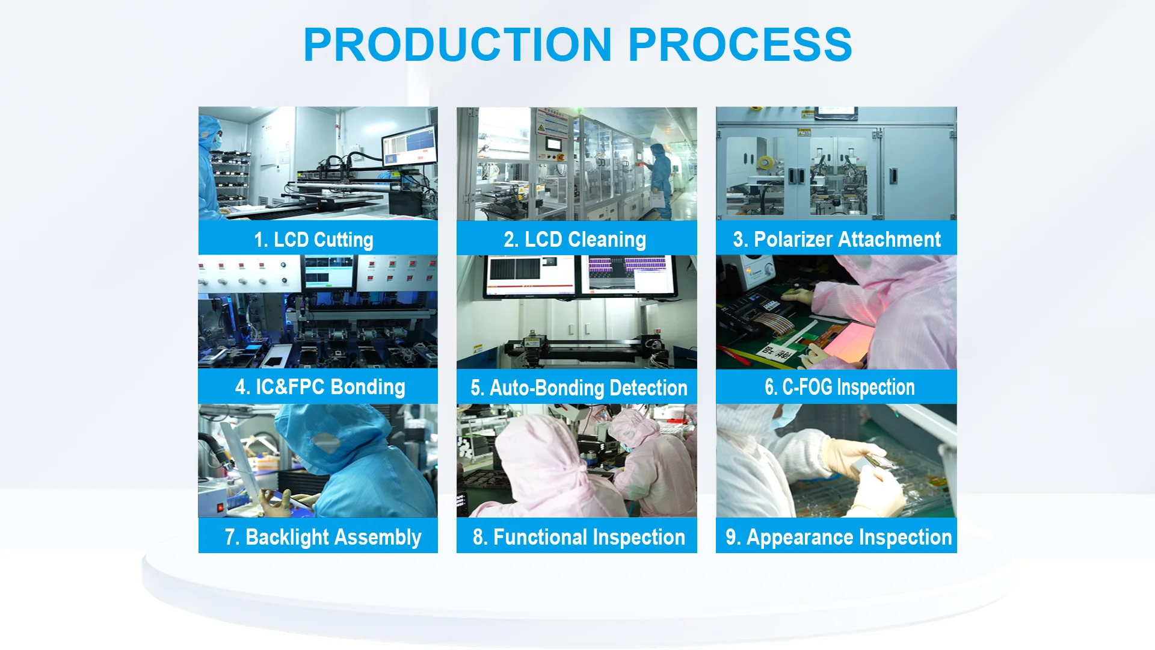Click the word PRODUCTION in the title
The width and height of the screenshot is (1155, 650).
(458, 45)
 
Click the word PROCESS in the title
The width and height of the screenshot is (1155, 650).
(740, 45)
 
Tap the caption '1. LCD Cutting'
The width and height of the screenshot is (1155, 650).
(313, 240)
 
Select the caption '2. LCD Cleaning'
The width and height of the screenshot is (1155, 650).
(575, 240)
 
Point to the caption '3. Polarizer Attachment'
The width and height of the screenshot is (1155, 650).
(837, 240)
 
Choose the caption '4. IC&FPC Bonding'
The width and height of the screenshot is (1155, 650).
(320, 387)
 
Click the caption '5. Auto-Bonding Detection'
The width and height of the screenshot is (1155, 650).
(579, 388)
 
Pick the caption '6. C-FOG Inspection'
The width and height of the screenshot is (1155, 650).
(840, 387)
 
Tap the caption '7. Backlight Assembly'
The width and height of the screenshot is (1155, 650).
(323, 537)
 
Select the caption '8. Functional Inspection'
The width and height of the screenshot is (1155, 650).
(579, 537)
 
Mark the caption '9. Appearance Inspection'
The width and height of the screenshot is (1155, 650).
(839, 537)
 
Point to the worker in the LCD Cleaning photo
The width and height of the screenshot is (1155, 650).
(659, 181)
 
